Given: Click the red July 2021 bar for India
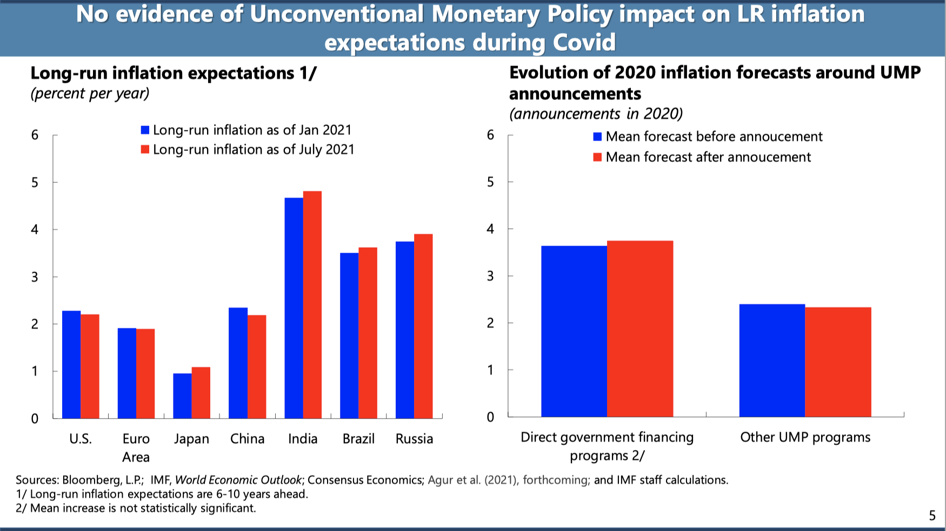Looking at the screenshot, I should coord(312,304).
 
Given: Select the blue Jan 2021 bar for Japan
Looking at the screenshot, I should coord(182,396).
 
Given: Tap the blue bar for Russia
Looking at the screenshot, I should coord(405,330).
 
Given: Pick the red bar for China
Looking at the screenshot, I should coord(257,367).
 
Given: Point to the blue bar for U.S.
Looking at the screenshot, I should coord(71,364).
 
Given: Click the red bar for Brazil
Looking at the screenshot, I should coord(368,333).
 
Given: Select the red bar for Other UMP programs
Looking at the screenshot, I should coord(838,362).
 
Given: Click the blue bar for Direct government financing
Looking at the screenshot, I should coord(574,331).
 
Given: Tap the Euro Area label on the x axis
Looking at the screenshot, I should coord(136,448).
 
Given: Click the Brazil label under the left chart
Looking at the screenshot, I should coord(358,439).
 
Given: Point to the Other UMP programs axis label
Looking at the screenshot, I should coord(805,437).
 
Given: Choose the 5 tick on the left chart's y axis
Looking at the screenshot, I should coord(35,182).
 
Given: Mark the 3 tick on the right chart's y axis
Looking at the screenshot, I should coord(490,276).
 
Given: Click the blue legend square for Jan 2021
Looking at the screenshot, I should coord(145,130).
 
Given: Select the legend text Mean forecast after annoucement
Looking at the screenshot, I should coord(708,157).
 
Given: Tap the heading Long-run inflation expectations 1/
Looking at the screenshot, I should coord(173,73).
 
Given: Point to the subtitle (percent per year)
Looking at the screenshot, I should coord(90,93).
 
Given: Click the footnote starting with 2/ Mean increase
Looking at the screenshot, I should coord(136,508).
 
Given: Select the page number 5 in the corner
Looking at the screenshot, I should coord(932,515).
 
